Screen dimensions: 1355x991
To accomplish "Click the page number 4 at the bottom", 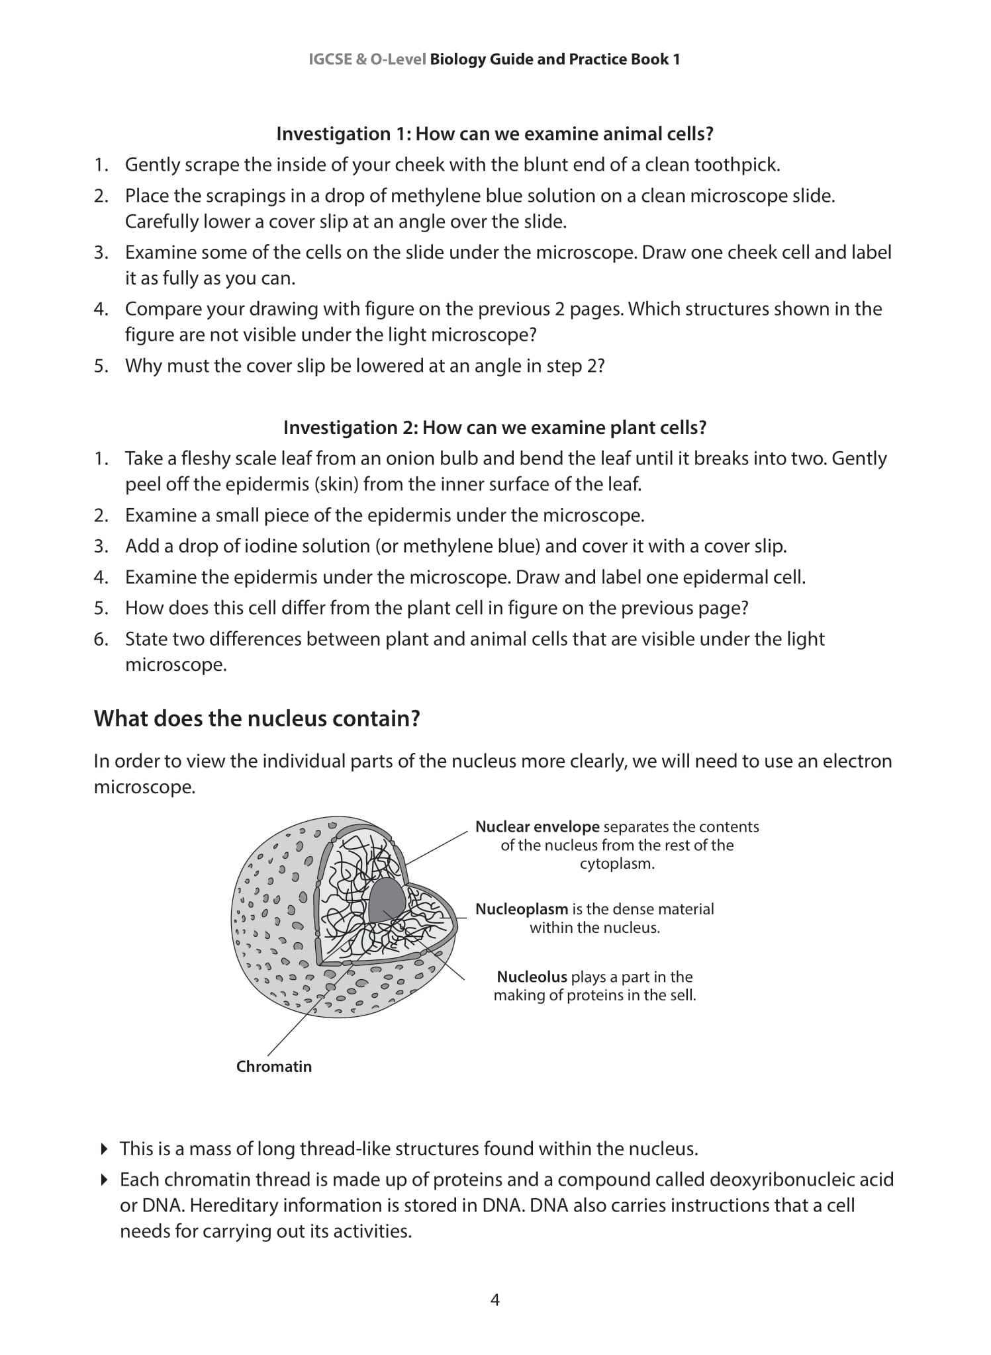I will pyautogui.click(x=495, y=1300).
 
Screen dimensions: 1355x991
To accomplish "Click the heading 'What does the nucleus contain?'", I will pyautogui.click(x=257, y=719).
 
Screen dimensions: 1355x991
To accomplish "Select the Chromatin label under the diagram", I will pyautogui.click(x=273, y=1066).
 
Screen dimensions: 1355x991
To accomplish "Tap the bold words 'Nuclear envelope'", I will pyautogui.click(x=537, y=826).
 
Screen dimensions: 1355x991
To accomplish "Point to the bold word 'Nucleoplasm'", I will pyautogui.click(x=522, y=909).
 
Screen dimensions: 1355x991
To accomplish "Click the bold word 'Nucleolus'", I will pyautogui.click(x=532, y=977).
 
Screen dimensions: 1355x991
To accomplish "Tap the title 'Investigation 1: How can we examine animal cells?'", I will pyautogui.click(x=495, y=134).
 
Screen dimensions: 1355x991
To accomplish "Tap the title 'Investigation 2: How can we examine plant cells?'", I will pyautogui.click(x=495, y=428).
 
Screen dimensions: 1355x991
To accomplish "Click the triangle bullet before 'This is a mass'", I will pyautogui.click(x=104, y=1149).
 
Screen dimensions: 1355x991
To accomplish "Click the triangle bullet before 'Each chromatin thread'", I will pyautogui.click(x=104, y=1179).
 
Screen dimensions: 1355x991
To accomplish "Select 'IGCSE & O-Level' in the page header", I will pyautogui.click(x=367, y=60).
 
